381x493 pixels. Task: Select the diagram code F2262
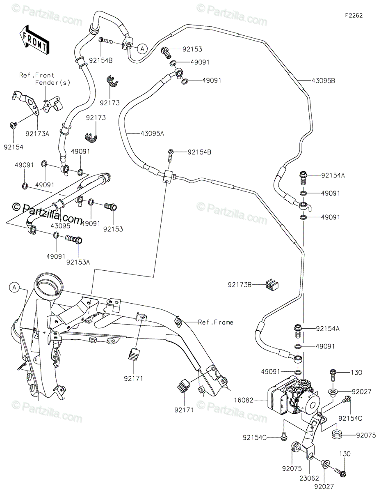point(354,16)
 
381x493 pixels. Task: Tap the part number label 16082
point(243,400)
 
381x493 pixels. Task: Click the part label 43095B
point(323,81)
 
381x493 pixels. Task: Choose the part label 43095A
point(152,134)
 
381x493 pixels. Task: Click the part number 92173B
point(240,285)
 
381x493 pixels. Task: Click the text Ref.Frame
point(215,322)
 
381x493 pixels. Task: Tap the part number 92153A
point(78,262)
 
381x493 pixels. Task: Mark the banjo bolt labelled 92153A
point(74,240)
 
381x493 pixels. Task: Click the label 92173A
point(37,134)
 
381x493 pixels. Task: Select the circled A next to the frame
point(14,288)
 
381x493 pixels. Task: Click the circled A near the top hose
point(142,48)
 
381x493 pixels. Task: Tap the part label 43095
point(60,226)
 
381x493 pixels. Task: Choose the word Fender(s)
point(52,83)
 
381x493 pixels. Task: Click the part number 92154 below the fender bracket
point(14,147)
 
